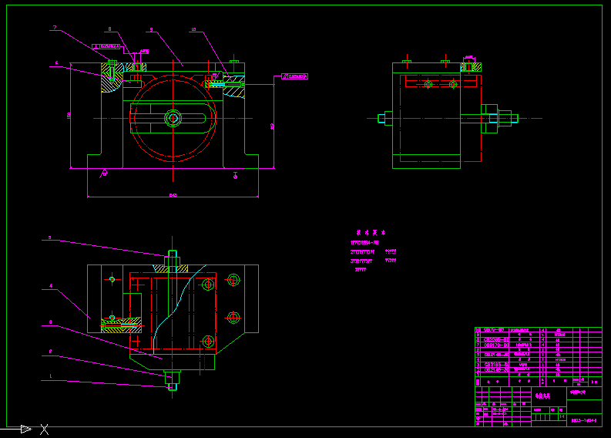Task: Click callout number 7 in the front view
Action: pyautogui.click(x=55, y=28)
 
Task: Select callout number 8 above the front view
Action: pyautogui.click(x=109, y=29)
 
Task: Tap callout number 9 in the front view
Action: pyautogui.click(x=151, y=29)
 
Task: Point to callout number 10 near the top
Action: pyautogui.click(x=193, y=29)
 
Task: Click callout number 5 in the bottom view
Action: pyautogui.click(x=50, y=238)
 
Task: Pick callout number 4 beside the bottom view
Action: pyautogui.click(x=51, y=286)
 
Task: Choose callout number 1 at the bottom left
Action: pyautogui.click(x=51, y=376)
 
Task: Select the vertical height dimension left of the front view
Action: pyautogui.click(x=69, y=115)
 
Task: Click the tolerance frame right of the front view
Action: pyautogui.click(x=295, y=76)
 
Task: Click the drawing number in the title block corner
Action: pyautogui.click(x=585, y=421)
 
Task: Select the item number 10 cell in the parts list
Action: pyautogui.click(x=478, y=330)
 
